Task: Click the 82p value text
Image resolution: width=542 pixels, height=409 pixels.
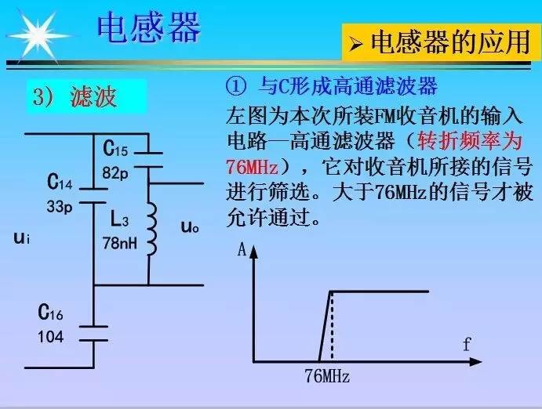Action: pos(115,172)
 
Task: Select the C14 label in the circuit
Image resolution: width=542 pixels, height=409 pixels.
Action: pos(60,183)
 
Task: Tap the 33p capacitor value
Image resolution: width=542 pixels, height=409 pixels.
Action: pos(59,208)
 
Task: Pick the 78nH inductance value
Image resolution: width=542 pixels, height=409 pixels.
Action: pos(119,243)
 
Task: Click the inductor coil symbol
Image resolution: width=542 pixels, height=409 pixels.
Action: pos(152,229)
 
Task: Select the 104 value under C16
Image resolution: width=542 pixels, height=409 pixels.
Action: pos(50,336)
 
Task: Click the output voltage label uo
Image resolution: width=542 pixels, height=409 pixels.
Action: pos(189,227)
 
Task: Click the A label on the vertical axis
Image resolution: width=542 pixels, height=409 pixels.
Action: pos(242,250)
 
